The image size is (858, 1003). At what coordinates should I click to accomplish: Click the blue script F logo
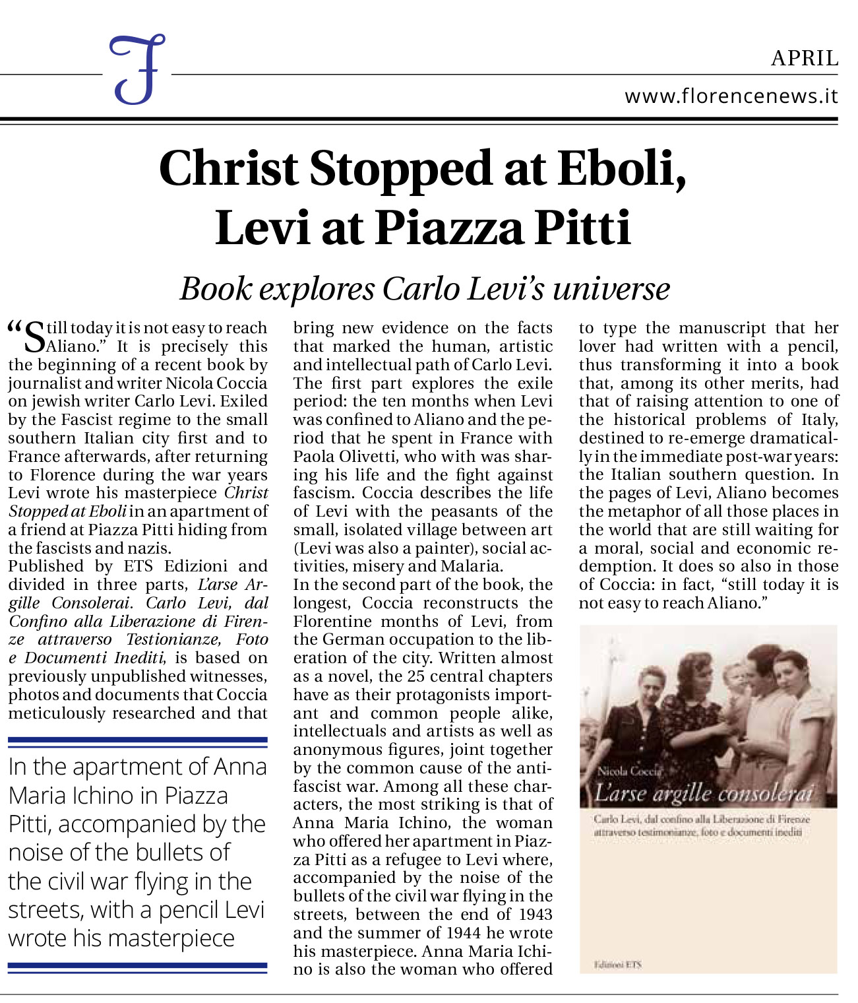tap(137, 70)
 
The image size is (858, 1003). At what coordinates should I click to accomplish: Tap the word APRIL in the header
tap(804, 59)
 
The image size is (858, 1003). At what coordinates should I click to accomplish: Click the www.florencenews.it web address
tap(731, 96)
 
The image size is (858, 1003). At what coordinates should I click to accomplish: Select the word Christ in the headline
tap(229, 168)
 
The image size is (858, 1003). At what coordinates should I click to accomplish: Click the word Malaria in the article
tap(472, 566)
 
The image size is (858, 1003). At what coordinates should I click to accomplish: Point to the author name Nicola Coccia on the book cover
tap(628, 771)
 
